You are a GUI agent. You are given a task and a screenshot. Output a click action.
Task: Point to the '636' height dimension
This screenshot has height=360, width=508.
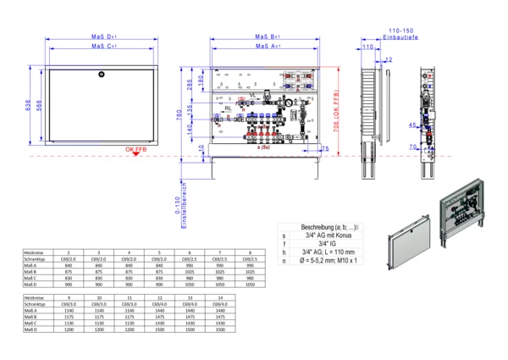coord(28,105)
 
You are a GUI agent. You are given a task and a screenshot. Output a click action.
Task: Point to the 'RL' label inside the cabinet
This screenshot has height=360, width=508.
coord(228,109)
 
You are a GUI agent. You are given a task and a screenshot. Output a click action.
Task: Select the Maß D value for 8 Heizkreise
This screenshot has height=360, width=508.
coord(248,285)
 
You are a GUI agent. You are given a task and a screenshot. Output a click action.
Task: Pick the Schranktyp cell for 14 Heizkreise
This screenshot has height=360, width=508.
coord(220,305)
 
